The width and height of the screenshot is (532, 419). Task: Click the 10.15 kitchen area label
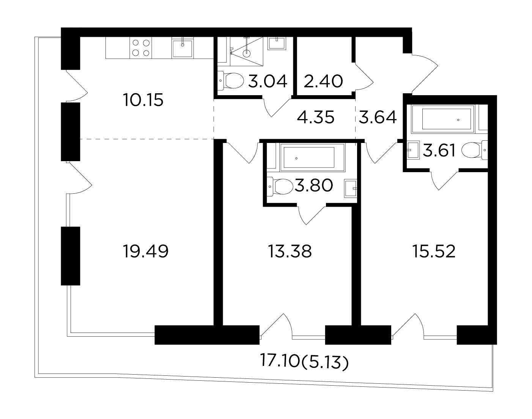143,100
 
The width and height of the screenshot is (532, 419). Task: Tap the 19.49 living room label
146,251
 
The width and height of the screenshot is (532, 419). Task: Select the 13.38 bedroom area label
290,251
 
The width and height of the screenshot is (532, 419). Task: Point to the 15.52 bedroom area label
434,251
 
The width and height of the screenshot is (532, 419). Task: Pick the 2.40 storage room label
323,81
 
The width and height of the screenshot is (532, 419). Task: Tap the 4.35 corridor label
316,117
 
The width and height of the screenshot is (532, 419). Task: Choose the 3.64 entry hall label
378,117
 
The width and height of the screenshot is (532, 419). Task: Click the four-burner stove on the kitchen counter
141,48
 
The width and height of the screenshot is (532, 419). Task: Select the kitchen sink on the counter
183,48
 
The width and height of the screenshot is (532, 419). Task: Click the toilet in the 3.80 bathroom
280,187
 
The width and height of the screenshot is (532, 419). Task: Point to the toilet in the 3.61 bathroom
475,150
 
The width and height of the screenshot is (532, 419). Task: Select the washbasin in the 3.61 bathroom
413,150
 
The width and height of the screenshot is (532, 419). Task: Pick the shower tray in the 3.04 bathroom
247,52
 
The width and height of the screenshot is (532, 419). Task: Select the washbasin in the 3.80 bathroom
351,189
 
